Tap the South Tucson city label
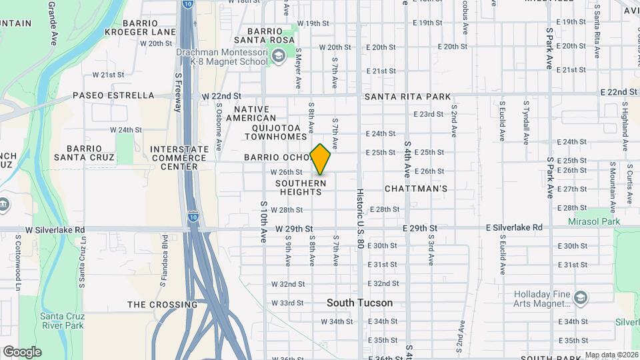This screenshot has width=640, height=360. pyautogui.click(x=359, y=303)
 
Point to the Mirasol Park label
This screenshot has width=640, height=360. pyautogui.click(x=594, y=221)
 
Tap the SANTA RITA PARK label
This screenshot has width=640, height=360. pyautogui.click(x=407, y=97)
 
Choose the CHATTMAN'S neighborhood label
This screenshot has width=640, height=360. pyautogui.click(x=416, y=189)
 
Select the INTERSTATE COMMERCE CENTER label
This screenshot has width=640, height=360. pyautogui.click(x=178, y=158)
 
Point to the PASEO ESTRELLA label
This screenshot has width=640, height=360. pyautogui.click(x=113, y=95)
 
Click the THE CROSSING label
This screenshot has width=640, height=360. pyautogui.click(x=163, y=305)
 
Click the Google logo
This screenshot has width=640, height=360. pyautogui.click(x=22, y=351)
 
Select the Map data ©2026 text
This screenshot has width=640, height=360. pyautogui.click(x=611, y=355)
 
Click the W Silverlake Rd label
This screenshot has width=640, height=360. pyautogui.click(x=55, y=230)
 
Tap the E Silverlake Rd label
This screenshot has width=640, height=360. pyautogui.click(x=514, y=227)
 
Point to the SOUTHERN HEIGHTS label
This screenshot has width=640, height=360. pyautogui.click(x=301, y=187)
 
